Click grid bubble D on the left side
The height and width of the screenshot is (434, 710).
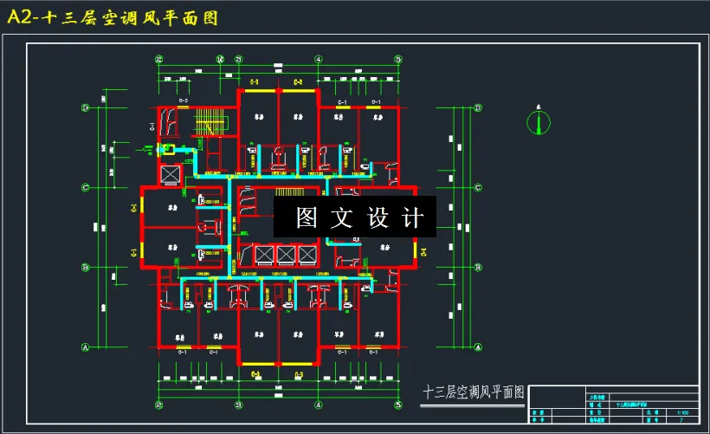click(x=86, y=107)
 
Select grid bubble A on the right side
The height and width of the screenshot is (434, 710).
click(x=479, y=347)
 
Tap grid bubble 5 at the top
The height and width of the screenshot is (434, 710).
click(x=398, y=59)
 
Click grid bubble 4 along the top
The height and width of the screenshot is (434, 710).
click(x=319, y=59)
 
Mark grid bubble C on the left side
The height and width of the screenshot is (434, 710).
click(x=86, y=187)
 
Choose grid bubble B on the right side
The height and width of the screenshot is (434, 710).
click(x=479, y=267)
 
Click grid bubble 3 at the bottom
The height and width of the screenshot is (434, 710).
click(x=239, y=405)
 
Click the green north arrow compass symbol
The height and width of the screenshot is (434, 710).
click(x=538, y=123)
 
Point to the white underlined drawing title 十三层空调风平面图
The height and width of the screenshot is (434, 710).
click(x=473, y=392)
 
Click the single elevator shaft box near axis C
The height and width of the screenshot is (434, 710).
click(x=171, y=172)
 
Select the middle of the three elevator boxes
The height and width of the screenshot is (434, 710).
click(x=284, y=255)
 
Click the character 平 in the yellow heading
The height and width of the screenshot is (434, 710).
click(x=161, y=17)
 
